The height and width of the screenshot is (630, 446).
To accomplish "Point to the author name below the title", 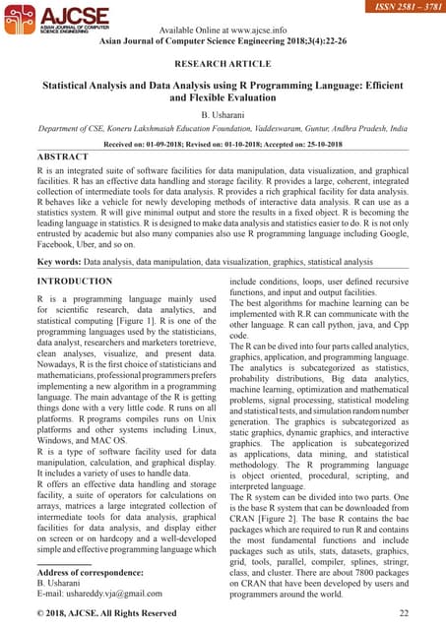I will [x=223, y=115].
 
